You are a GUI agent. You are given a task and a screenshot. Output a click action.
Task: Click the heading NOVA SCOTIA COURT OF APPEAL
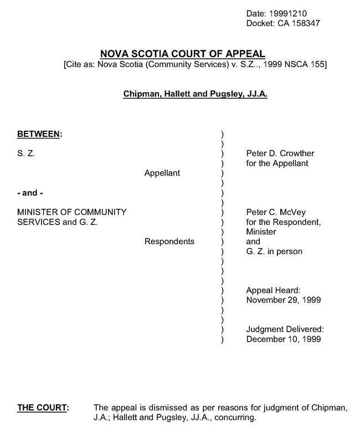click(x=183, y=54)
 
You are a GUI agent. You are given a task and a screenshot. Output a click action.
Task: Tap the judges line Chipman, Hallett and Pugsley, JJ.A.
click(x=195, y=95)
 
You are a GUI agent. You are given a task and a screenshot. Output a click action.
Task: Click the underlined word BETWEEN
click(x=39, y=133)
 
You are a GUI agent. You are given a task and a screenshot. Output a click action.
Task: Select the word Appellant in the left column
click(x=162, y=173)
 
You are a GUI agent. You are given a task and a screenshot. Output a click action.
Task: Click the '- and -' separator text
click(x=29, y=193)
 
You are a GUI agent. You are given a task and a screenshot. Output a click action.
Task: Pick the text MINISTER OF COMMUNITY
click(x=72, y=212)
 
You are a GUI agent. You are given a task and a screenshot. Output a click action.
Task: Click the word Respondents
click(x=169, y=242)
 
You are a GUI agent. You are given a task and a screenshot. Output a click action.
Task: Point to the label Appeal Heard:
click(x=272, y=290)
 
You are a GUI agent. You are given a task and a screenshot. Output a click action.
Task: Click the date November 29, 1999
click(x=283, y=300)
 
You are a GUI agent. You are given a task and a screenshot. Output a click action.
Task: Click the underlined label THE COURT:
click(x=43, y=408)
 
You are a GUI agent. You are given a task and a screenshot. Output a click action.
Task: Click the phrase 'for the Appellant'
click(x=276, y=163)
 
